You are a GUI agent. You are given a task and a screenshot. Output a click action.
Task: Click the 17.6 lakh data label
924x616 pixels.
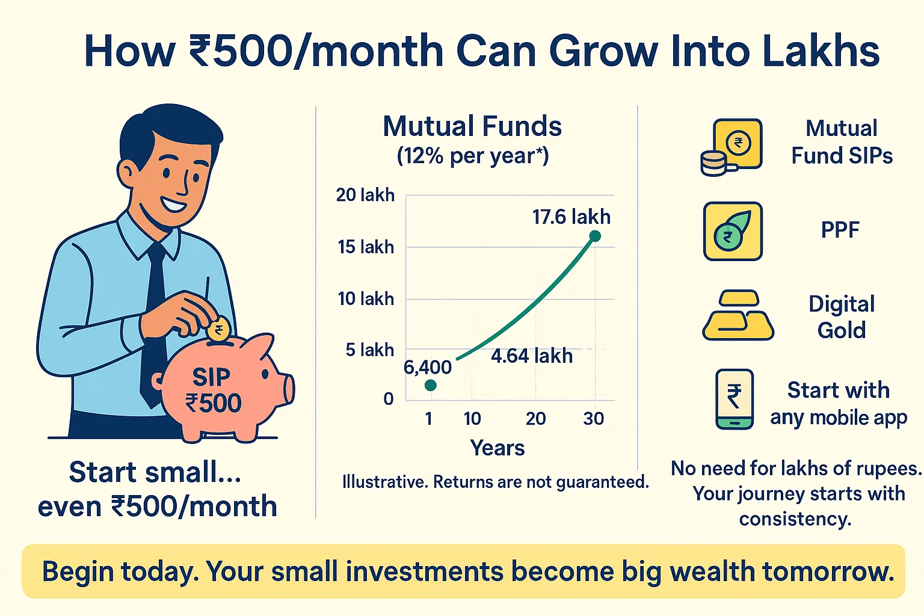tap(571, 217)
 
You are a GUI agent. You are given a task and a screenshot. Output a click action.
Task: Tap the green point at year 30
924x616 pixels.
tap(595, 236)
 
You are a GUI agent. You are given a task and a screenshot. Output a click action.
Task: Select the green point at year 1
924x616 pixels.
tap(430, 386)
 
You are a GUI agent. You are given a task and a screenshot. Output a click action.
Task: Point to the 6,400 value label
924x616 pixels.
tap(427, 368)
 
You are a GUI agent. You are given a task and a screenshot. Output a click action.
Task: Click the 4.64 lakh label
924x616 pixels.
tap(532, 356)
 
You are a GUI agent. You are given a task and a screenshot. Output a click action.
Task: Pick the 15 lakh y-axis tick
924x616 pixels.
tap(366, 247)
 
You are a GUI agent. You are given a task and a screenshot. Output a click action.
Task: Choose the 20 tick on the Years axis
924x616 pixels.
tap(535, 419)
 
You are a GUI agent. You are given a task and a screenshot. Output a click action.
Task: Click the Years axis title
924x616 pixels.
tap(497, 448)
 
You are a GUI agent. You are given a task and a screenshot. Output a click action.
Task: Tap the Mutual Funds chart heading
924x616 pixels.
tap(472, 126)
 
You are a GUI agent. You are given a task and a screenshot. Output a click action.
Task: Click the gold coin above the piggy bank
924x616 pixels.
tap(218, 329)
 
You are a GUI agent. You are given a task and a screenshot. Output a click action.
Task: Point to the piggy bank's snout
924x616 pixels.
tap(289, 389)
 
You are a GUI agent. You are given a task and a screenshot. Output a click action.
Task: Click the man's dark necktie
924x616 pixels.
tap(154, 322)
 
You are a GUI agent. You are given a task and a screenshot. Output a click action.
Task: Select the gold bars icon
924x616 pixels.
tap(738, 315)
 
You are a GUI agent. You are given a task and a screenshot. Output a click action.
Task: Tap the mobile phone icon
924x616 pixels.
tap(735, 399)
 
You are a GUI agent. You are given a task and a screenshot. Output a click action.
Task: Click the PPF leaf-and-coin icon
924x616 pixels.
tap(733, 231)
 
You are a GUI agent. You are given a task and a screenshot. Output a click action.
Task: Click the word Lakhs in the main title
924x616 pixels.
tap(821, 52)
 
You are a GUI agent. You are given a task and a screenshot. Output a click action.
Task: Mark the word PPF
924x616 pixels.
tap(840, 230)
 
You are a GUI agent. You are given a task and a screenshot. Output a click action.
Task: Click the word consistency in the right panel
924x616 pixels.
tap(795, 519)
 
